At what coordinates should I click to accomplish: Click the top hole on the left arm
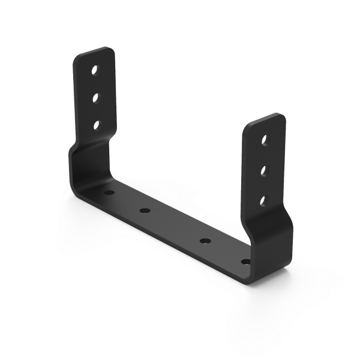tap(95, 70)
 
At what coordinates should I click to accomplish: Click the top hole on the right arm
tap(265, 141)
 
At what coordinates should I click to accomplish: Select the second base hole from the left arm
tap(144, 211)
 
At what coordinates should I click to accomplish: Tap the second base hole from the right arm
tap(205, 241)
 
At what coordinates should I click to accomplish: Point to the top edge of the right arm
tap(265, 120)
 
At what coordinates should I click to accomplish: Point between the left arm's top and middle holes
tap(95, 83)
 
